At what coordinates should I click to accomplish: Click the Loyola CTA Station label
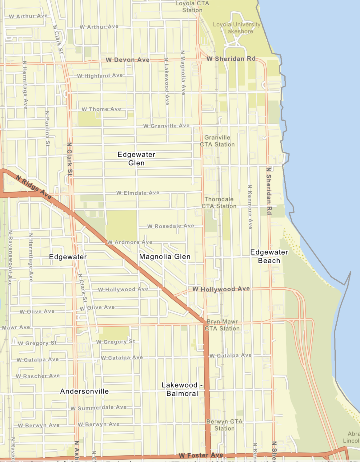pos(192,7)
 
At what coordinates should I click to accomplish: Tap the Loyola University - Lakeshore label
pos(237,28)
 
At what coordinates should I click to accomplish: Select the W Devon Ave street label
pos(128,60)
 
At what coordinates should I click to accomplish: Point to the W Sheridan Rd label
pos(231,59)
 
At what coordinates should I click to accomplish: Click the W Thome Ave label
pos(101,109)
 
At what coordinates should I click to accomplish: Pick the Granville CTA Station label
pos(217,141)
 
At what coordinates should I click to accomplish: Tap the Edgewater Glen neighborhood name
pos(136,159)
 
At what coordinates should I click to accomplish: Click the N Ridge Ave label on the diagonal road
pos(33,187)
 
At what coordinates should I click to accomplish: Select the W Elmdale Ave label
pos(138,193)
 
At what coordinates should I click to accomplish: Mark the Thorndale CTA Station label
pos(219,203)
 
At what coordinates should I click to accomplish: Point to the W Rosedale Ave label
pos(170,226)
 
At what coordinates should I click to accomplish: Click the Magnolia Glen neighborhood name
pos(165,257)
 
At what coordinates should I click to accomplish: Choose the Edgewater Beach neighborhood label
pos(269,256)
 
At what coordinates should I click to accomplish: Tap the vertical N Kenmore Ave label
pos(250,207)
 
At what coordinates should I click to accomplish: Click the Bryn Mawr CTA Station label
pos(222,325)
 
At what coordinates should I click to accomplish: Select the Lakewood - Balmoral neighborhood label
pos(182,389)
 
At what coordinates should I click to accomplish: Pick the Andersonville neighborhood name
pos(84,391)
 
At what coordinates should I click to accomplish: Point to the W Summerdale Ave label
pos(98,407)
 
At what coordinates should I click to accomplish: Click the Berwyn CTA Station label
pos(224,425)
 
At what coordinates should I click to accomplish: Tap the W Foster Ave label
pos(201,455)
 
